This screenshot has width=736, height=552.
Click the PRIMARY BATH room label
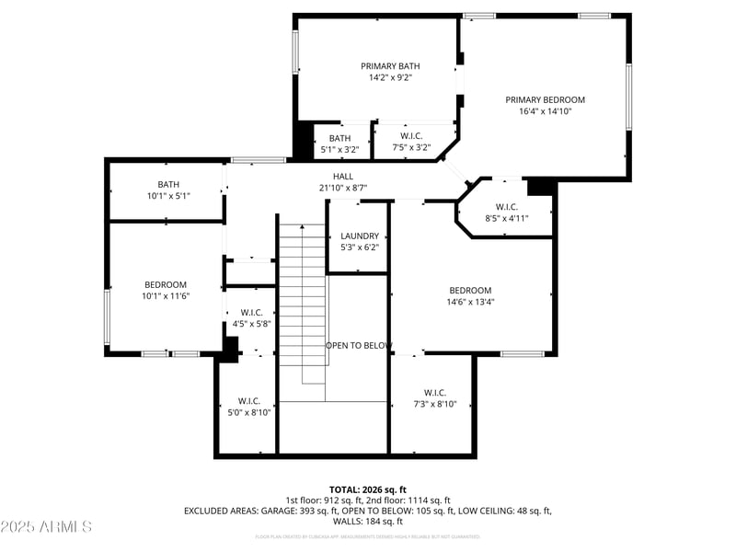(390, 66)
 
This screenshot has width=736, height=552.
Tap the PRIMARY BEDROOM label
(545, 99)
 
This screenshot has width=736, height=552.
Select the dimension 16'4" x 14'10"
(545, 111)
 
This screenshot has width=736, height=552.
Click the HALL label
(342, 177)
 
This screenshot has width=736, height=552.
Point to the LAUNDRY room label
(360, 236)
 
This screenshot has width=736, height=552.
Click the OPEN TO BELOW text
(359, 346)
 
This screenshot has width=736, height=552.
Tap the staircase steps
(303, 304)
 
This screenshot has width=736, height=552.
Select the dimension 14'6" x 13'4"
(470, 302)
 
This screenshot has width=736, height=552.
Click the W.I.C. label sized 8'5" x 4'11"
(507, 207)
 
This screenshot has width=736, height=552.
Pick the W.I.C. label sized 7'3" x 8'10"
(435, 392)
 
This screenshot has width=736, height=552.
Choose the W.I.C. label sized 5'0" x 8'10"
(249, 401)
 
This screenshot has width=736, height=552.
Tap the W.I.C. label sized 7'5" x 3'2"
(411, 136)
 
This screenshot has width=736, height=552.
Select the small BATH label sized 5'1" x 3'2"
(339, 138)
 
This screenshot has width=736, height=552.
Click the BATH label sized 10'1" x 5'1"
(168, 184)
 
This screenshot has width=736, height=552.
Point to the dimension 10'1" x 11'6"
(166, 296)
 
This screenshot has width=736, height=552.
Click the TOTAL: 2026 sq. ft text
(368, 489)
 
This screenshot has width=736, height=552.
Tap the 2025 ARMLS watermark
(46, 527)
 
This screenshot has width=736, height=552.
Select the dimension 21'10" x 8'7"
(342, 188)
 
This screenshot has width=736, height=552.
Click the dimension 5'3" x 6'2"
(360, 247)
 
